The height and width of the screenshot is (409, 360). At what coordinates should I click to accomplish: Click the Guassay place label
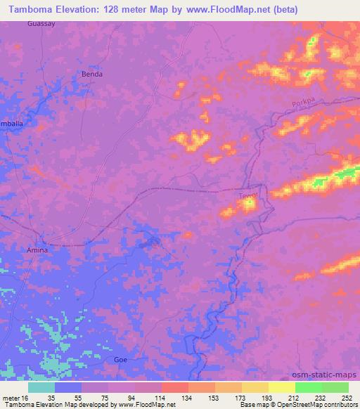40,23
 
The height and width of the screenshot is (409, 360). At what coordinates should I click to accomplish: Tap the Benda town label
92,74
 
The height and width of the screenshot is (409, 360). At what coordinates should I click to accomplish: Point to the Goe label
121,359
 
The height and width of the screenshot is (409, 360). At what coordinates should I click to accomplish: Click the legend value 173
240,397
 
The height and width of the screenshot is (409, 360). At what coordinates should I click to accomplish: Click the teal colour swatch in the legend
41,387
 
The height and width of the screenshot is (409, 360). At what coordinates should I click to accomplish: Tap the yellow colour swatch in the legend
281,387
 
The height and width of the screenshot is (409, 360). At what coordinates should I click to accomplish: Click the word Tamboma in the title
32,10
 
